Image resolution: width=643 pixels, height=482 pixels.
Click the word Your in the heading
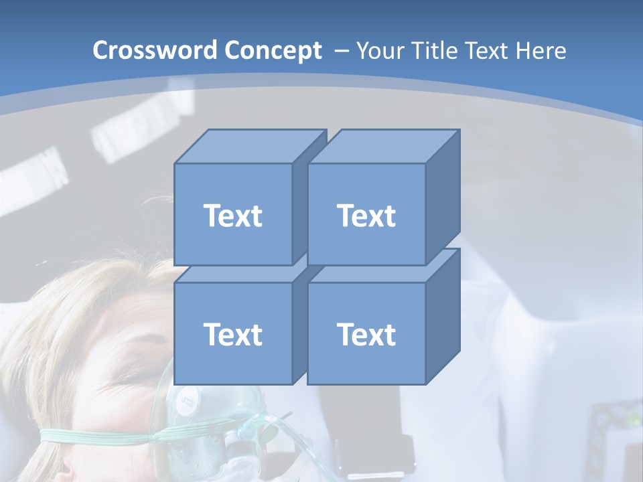click(x=379, y=51)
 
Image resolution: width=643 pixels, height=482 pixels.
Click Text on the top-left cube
click(x=233, y=216)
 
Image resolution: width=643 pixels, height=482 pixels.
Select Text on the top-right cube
click(x=366, y=216)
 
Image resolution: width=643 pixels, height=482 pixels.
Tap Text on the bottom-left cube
click(x=233, y=334)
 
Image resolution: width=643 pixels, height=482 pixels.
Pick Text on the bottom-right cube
click(x=366, y=334)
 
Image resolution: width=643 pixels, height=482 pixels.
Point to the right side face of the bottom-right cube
click(x=443, y=318)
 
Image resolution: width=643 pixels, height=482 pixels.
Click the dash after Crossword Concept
click(x=340, y=51)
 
